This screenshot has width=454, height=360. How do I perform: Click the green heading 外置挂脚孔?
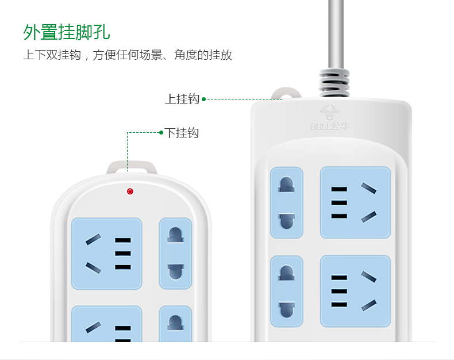pos(67,32)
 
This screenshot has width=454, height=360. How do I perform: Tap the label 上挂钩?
pos(182,99)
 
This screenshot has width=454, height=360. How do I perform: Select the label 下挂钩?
pos(182,133)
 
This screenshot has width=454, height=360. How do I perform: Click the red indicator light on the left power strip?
pos(130,192)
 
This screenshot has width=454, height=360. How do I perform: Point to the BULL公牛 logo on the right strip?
pos(330,117)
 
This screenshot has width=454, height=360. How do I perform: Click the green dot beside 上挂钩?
pos(204,99)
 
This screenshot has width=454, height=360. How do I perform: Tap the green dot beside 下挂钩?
pos(161,133)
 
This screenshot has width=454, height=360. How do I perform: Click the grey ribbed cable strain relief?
pos(334,82)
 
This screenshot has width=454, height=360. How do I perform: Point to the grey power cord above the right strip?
pos(336,34)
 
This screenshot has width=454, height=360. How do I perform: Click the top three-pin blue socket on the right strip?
pos(355,202)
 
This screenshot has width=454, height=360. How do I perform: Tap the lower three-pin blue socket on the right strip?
pos(355,292)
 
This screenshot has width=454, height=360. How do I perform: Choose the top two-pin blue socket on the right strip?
pos(287,202)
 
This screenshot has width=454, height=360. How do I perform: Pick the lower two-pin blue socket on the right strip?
pos(287,292)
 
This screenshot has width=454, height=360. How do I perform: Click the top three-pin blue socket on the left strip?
pos(106,254)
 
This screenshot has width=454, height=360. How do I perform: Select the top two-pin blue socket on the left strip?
pos(175,254)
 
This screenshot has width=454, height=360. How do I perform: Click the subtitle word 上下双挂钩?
pos(52,55)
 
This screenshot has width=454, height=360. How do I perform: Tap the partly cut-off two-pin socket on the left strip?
pos(175,323)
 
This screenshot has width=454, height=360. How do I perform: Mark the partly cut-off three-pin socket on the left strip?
pos(106,323)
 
